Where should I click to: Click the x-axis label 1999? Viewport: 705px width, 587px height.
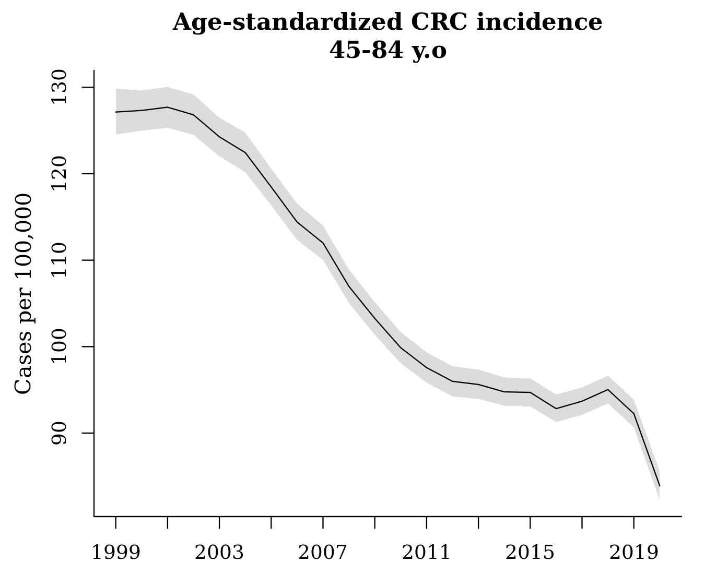pos(115,553)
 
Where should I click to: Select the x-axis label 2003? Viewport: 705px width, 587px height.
pos(219,553)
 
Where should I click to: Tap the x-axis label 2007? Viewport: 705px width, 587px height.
pos(323,553)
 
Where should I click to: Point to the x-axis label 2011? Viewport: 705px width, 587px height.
pos(426,553)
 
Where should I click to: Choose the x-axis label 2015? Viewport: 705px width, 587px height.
pos(530,553)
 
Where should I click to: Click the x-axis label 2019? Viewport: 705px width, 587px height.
pos(633,553)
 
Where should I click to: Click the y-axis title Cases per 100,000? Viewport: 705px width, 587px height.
pos(23,294)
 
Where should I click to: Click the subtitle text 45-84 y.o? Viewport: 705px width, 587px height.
pos(387,51)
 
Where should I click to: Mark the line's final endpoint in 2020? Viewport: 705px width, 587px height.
pos(660,486)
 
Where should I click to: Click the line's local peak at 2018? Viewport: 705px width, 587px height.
pos(608,389)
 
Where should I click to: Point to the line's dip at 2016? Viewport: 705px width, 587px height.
pos(556,409)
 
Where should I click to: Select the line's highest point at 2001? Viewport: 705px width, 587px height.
pos(168,107)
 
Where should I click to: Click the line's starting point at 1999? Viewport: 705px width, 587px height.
pos(116,112)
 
